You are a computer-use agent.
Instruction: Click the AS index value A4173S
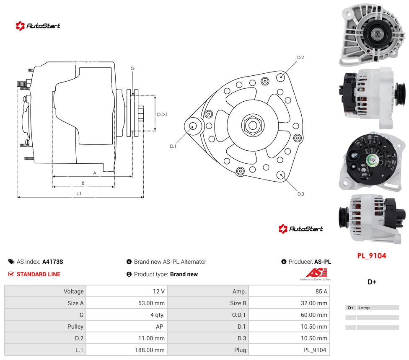click(52, 262)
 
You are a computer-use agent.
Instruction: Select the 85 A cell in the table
click(321, 291)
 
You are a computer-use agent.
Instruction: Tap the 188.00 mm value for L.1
click(150, 350)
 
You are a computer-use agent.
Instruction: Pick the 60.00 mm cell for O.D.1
click(314, 315)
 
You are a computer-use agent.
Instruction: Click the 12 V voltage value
click(158, 291)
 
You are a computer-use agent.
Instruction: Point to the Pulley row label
click(75, 327)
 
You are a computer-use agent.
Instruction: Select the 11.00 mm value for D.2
click(151, 338)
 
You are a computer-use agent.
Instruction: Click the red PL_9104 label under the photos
click(371, 256)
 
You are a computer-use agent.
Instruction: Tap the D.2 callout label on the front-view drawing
click(300, 57)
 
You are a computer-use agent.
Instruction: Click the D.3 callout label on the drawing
click(300, 194)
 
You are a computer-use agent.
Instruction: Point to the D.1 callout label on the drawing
click(173, 146)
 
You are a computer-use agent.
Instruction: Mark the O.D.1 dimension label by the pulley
click(162, 114)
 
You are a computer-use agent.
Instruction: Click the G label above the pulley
click(132, 69)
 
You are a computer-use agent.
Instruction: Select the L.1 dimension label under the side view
click(79, 193)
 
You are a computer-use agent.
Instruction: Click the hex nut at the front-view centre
click(253, 125)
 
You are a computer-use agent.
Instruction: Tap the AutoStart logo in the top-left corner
click(38, 26)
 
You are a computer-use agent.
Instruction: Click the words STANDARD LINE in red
click(39, 274)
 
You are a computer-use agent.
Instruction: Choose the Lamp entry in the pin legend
click(364, 308)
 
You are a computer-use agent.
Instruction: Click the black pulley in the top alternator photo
click(376, 33)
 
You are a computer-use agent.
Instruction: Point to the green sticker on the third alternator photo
click(371, 160)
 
